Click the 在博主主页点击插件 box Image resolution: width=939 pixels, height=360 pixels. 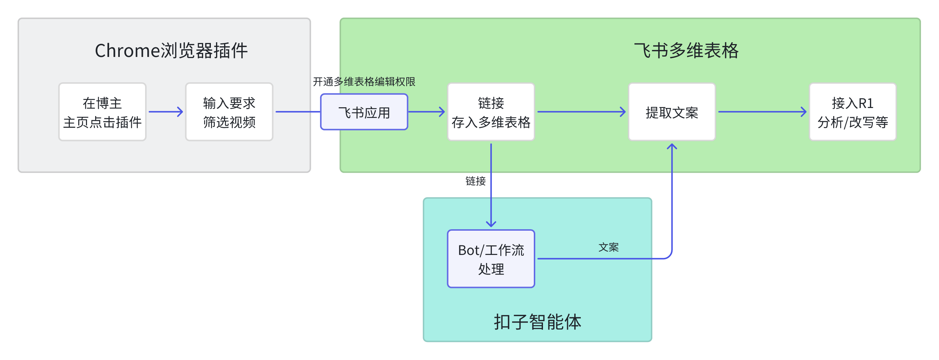click(x=102, y=112)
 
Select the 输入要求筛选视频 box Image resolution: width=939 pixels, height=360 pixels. click(x=229, y=112)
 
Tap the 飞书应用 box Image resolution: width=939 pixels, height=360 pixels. click(x=364, y=112)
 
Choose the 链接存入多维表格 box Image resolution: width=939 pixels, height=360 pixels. click(x=491, y=112)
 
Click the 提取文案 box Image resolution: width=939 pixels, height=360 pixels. click(x=672, y=112)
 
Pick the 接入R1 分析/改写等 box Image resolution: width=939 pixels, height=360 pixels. click(x=852, y=112)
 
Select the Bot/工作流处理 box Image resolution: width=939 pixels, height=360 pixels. click(x=491, y=259)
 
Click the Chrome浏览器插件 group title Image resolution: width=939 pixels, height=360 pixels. click(x=171, y=50)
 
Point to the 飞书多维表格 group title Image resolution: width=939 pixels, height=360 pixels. click(x=686, y=50)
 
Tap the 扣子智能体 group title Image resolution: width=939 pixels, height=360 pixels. click(x=537, y=322)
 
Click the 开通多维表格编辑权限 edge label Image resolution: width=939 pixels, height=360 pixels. click(x=364, y=82)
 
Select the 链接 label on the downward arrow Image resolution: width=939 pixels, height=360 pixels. click(x=475, y=181)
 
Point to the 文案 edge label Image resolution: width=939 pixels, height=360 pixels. click(x=608, y=247)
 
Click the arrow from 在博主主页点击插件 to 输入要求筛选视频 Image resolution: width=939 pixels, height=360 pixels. click(x=166, y=112)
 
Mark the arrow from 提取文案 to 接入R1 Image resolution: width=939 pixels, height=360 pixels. click(x=762, y=112)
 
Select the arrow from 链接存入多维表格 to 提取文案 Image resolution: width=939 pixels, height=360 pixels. click(x=581, y=112)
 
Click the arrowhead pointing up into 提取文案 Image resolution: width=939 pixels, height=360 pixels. click(x=672, y=147)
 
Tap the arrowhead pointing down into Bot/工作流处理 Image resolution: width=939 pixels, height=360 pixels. click(x=491, y=224)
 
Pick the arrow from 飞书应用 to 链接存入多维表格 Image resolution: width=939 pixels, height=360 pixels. click(x=426, y=112)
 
